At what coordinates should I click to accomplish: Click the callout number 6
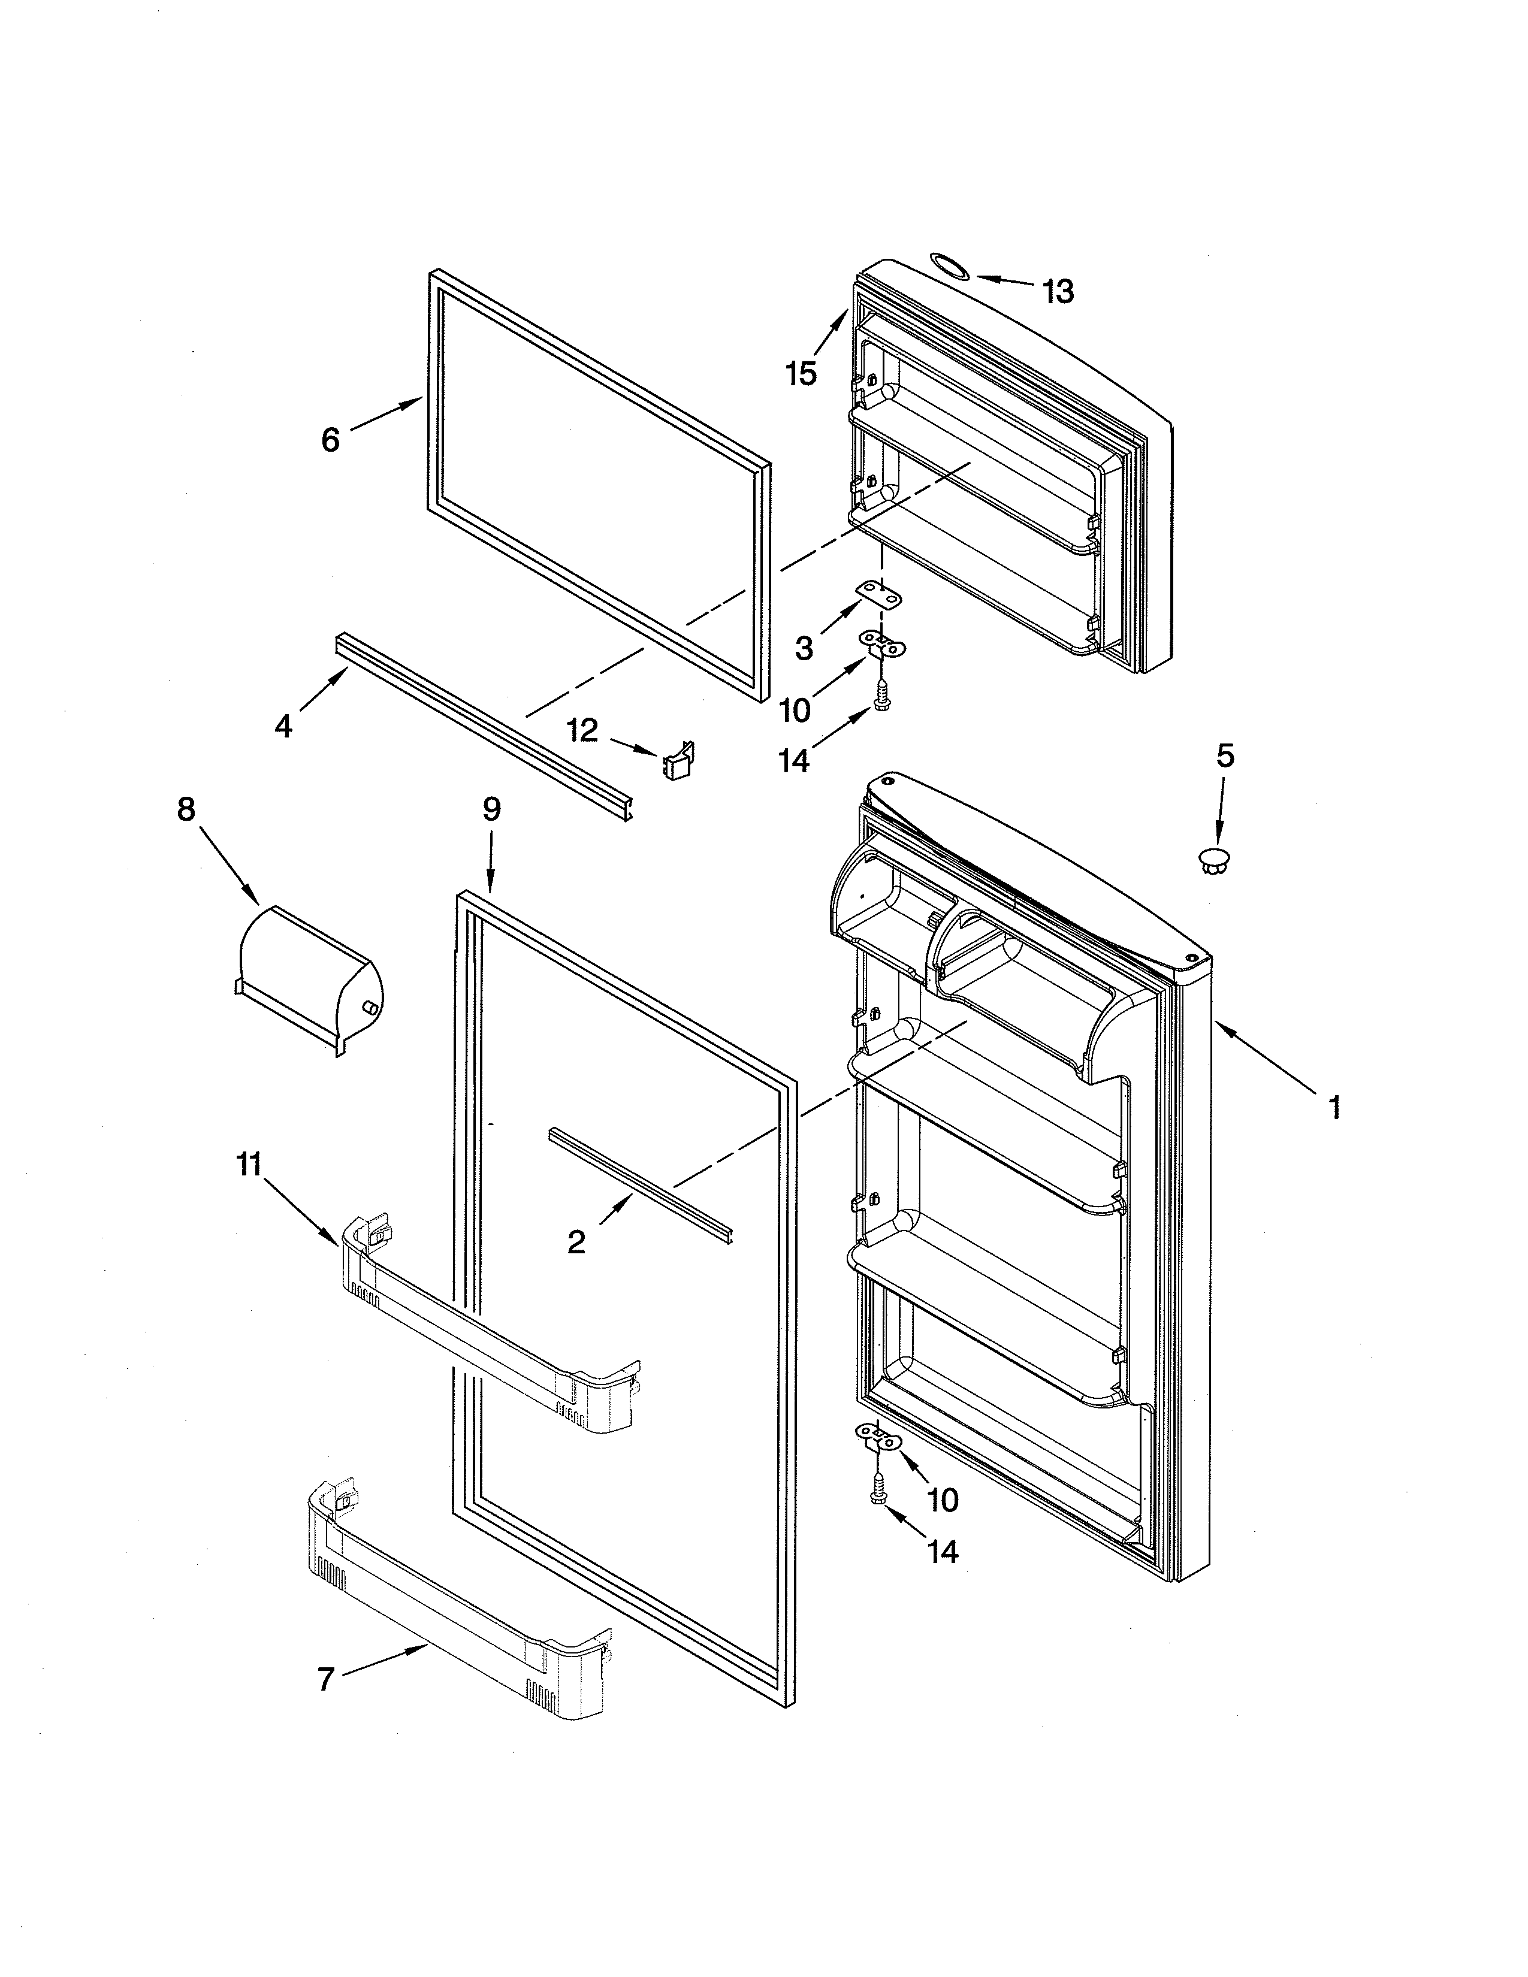pyautogui.click(x=330, y=440)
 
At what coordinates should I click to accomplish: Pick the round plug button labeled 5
pyautogui.click(x=1214, y=859)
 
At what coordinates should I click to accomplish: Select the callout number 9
pyautogui.click(x=491, y=808)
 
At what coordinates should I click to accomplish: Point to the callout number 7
pyautogui.click(x=326, y=1679)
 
